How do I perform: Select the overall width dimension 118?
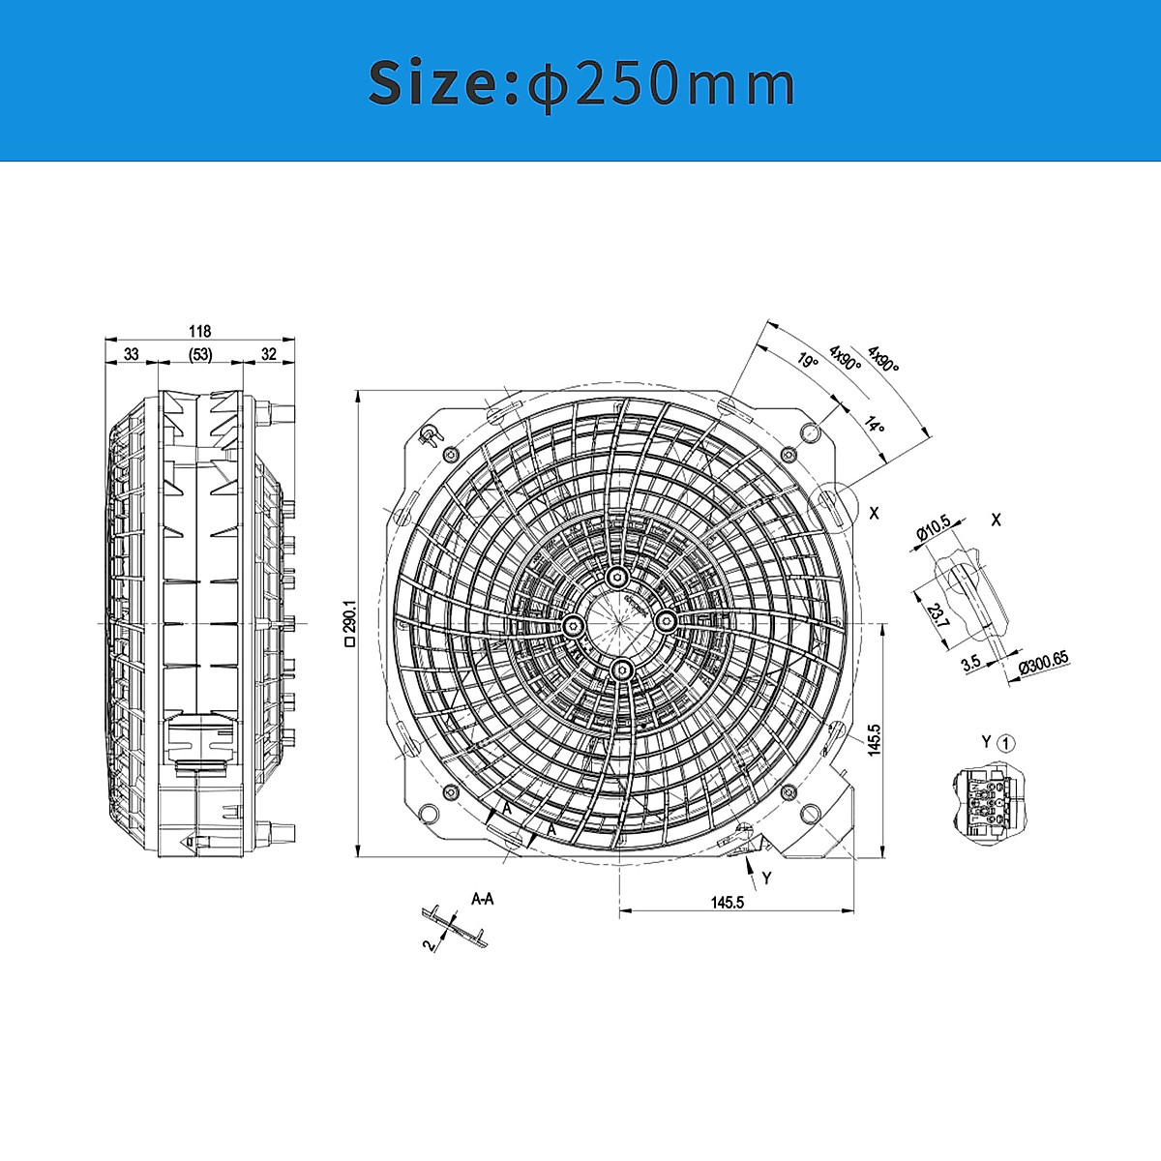[199, 331]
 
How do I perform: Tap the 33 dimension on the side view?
[131, 354]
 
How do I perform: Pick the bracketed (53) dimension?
[199, 354]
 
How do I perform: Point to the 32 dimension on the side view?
[269, 354]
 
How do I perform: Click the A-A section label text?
[483, 899]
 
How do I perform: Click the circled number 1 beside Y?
[1007, 743]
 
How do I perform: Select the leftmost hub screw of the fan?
[573, 625]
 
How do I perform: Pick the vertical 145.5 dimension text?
[875, 740]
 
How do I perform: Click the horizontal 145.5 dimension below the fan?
[727, 902]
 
